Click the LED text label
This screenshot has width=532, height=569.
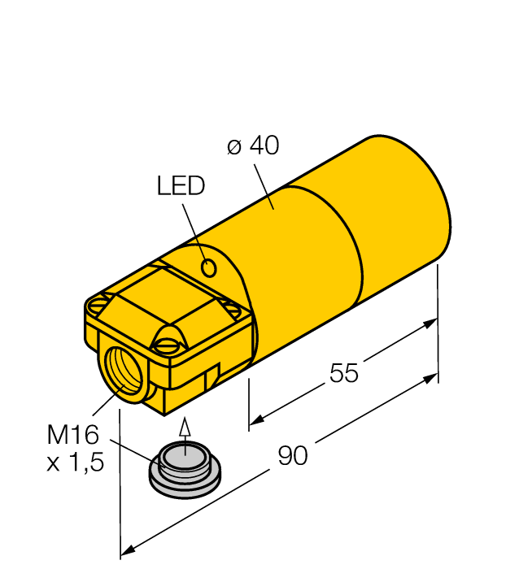point(181,186)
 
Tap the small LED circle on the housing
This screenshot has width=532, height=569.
point(209,267)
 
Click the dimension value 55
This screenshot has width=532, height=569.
point(344,373)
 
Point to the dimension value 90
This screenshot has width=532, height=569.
point(293,456)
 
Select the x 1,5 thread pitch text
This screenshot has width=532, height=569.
point(76,464)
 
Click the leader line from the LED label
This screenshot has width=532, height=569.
point(194,228)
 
